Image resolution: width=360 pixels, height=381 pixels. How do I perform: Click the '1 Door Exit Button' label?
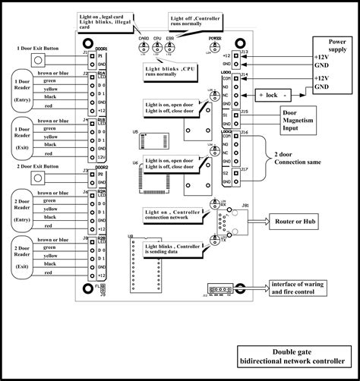coord(32,49)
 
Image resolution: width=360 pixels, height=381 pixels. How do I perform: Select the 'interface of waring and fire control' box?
coord(307,288)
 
